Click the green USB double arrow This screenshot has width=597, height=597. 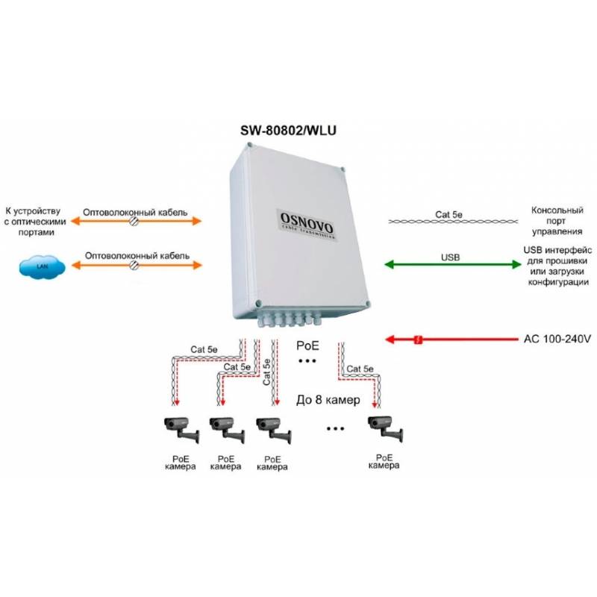[451, 266]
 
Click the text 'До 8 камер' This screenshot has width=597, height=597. [328, 400]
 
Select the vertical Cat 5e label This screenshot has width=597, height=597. [266, 379]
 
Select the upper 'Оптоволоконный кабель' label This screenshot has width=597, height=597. [135, 211]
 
